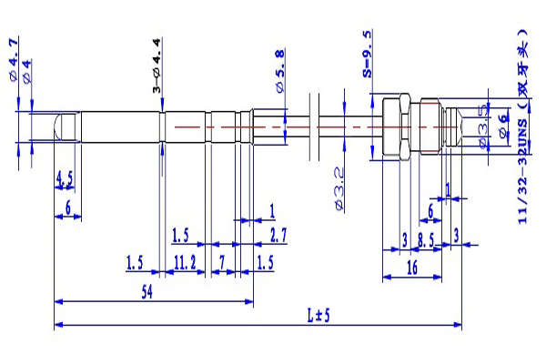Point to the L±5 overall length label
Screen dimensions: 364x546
coord(318,316)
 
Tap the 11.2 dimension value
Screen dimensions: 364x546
coord(185,263)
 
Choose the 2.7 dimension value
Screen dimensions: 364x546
coord(278,236)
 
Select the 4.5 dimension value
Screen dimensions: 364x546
coord(65,178)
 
